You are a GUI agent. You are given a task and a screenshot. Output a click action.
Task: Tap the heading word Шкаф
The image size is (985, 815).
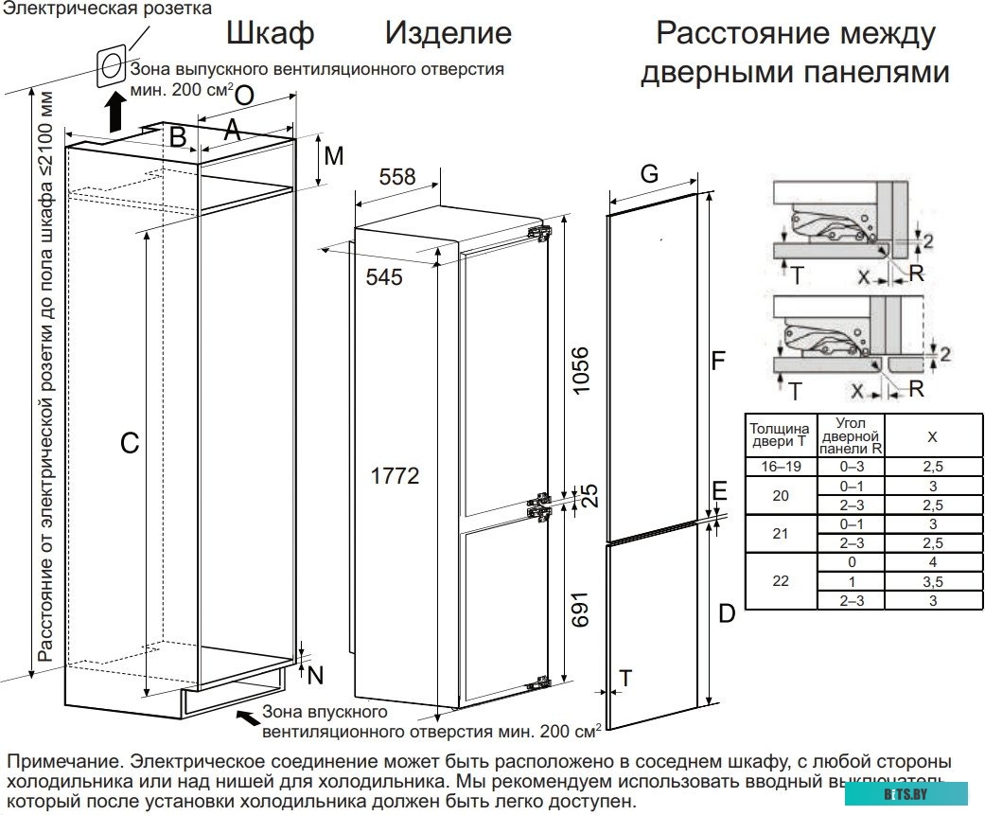coord(270,34)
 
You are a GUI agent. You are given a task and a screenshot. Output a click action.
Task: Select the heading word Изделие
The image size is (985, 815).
coord(448,34)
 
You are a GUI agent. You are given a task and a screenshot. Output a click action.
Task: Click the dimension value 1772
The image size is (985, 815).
coord(394,476)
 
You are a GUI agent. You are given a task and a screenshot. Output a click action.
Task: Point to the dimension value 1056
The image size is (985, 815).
coord(581,372)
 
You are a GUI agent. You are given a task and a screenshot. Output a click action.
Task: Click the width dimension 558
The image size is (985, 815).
coord(397,176)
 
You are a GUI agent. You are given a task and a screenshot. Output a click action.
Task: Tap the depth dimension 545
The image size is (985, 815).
coord(383,276)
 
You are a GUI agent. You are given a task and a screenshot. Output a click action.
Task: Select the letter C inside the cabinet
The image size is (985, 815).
coord(130,442)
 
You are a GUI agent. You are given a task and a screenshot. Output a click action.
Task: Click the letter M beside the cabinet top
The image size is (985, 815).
coord(333,156)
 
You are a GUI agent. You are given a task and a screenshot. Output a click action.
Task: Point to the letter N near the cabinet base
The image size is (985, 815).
coord(315,675)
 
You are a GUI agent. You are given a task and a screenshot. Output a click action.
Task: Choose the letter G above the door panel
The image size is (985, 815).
coord(648,173)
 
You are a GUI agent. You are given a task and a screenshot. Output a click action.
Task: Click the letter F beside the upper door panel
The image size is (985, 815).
coord(718,360)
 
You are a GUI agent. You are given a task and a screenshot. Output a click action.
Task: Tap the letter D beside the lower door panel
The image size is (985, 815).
coord(726,613)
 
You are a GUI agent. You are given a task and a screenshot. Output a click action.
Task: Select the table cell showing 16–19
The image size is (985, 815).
coord(780,467)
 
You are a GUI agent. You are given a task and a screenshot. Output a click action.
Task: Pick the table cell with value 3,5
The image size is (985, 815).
coord(932,581)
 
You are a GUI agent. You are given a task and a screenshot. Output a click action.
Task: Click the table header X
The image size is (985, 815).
coord(932,436)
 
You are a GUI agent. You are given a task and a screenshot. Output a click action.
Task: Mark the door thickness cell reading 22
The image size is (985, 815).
coord(780,581)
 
